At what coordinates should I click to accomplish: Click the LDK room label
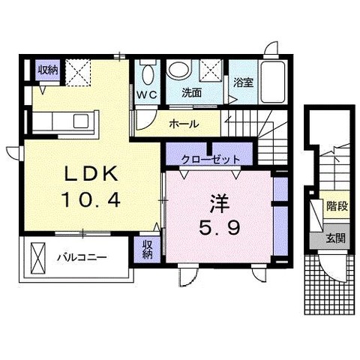[91, 173]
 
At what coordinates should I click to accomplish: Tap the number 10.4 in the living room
[91, 200]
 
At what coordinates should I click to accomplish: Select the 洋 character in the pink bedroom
[220, 204]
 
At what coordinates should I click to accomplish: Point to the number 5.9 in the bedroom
[220, 228]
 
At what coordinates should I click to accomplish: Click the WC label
[147, 94]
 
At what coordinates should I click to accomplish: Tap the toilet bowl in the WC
[148, 74]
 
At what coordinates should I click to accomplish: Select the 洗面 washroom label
[191, 93]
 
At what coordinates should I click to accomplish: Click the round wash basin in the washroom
[178, 69]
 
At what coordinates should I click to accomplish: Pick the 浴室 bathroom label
[244, 82]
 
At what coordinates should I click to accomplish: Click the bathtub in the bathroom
[272, 82]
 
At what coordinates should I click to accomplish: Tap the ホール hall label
[184, 124]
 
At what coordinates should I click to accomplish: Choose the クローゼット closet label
[211, 159]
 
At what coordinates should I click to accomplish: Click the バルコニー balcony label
[82, 257]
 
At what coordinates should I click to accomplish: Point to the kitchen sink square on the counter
[81, 121]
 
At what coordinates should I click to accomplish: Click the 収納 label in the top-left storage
[48, 70]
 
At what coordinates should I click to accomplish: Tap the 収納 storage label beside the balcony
[148, 249]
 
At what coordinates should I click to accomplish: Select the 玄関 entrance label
[336, 238]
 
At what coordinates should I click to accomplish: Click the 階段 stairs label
[337, 206]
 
